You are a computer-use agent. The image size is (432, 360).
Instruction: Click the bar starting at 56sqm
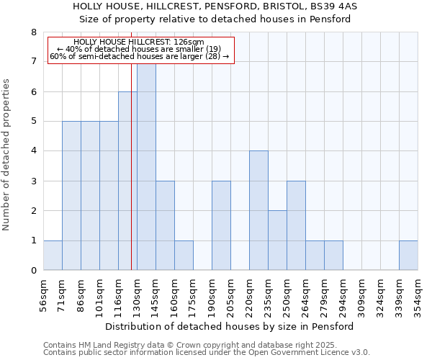[x=53, y=255]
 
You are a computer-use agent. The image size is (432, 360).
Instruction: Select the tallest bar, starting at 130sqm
[x=146, y=166]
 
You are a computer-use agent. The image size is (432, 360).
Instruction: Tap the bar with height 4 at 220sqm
[x=258, y=210]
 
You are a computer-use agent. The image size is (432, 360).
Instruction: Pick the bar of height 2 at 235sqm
[x=277, y=240]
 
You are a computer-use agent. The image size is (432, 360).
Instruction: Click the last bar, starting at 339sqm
[x=408, y=255]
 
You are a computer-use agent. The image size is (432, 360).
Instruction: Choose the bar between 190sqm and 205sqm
[x=221, y=225]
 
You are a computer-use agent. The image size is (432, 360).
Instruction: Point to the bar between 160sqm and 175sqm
[x=184, y=255]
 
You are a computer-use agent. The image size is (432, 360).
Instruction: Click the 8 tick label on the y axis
[x=33, y=32]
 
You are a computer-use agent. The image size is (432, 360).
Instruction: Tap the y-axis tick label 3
[x=33, y=181]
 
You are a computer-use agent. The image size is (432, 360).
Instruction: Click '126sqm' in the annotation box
[x=190, y=42]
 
